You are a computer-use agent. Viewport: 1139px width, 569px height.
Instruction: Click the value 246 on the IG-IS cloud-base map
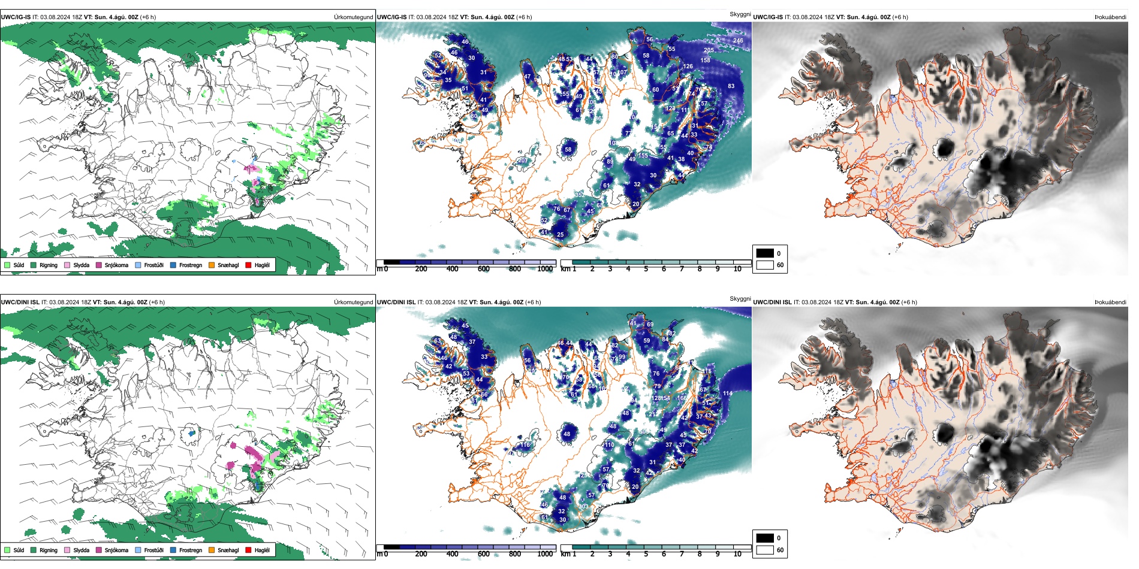click(x=737, y=41)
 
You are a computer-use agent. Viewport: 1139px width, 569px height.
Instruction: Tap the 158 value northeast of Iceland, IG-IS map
click(x=705, y=60)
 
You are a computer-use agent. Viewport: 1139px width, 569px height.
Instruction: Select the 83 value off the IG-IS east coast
click(x=731, y=86)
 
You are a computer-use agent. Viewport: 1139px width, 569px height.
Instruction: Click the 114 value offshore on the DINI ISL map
click(x=727, y=394)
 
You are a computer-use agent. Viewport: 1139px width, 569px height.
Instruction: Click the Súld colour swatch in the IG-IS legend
click(x=7, y=265)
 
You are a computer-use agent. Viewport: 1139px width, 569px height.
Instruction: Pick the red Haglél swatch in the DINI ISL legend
click(x=249, y=550)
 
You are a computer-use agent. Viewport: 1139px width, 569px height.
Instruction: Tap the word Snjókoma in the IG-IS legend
click(x=116, y=265)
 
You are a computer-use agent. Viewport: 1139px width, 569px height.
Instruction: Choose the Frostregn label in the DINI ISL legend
click(x=190, y=550)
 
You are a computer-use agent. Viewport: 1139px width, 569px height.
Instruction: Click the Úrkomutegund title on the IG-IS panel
click(x=353, y=17)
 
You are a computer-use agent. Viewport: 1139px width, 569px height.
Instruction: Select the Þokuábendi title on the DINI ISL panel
click(x=1110, y=302)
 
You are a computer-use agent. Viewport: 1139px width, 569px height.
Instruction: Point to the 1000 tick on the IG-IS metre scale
click(x=545, y=269)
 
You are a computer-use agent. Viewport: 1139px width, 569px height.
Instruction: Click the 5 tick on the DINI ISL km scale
click(x=646, y=554)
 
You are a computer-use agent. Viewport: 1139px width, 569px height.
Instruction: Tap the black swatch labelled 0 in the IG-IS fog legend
click(x=765, y=253)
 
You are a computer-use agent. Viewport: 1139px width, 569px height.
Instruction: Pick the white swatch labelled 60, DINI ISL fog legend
click(x=765, y=550)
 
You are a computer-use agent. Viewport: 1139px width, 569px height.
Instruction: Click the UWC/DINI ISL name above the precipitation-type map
click(x=20, y=302)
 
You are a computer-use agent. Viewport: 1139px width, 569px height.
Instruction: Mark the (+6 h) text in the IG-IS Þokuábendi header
click(x=900, y=17)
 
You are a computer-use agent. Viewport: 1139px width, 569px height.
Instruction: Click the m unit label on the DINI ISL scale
click(x=379, y=554)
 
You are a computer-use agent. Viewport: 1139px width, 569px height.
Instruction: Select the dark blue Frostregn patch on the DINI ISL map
click(x=192, y=432)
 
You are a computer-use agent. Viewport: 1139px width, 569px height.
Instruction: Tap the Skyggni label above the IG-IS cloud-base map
click(x=740, y=14)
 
